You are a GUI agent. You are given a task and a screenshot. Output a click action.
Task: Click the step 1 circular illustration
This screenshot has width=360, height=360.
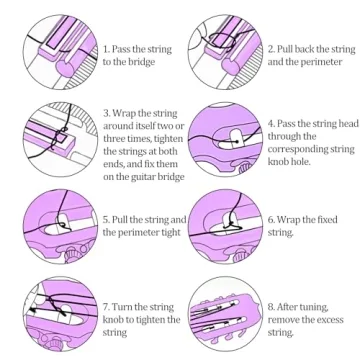[x=60, y=52]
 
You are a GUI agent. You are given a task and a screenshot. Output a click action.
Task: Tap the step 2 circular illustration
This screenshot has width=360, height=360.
[x=225, y=52]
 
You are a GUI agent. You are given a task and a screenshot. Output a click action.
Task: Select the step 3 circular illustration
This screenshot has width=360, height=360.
[x=60, y=139]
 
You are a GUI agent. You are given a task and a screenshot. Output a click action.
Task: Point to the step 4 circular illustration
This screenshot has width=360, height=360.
[x=225, y=139]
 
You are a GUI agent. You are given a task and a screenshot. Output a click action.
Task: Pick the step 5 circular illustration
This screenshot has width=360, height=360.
[x=60, y=227]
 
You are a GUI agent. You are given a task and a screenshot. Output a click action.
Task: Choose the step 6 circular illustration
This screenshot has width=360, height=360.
[x=225, y=227]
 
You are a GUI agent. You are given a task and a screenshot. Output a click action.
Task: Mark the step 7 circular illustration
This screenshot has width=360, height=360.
[x=60, y=314]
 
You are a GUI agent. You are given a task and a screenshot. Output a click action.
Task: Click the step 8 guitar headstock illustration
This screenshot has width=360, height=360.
[x=225, y=314]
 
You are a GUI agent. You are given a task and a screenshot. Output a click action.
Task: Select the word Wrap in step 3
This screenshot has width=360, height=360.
[x=124, y=113]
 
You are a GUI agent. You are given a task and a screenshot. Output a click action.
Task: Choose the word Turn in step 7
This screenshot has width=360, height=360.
[x=124, y=307]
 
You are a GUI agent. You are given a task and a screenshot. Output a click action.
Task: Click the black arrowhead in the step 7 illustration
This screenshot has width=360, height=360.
[x=32, y=309]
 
